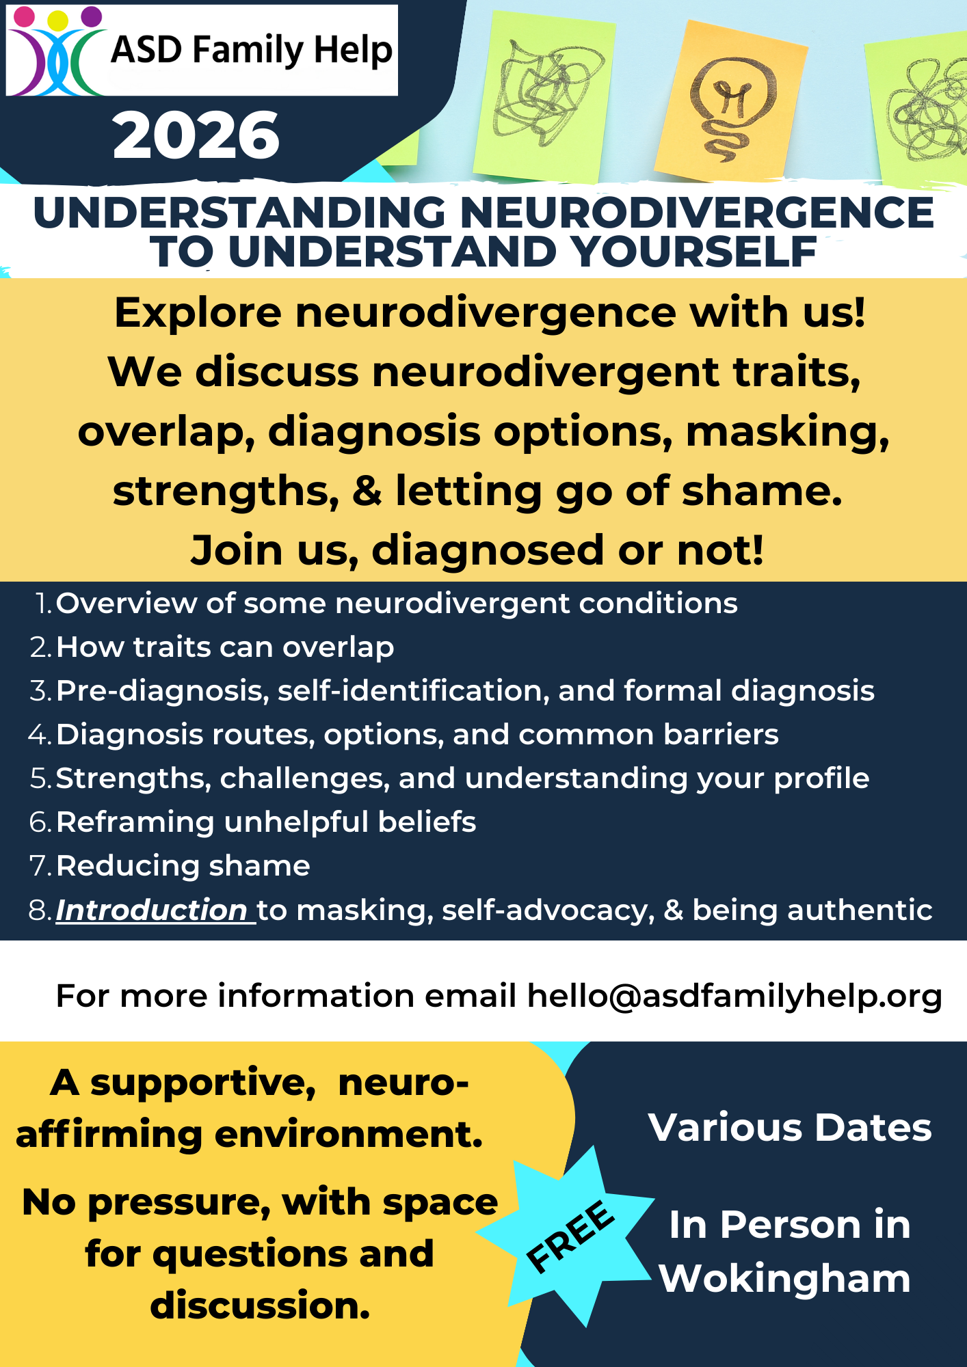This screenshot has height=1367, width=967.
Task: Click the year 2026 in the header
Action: coord(196,136)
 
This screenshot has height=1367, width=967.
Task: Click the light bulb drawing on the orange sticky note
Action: coord(731,103)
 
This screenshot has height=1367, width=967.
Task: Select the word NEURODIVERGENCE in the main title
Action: coord(696,213)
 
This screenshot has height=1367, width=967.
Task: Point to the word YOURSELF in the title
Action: coord(694,252)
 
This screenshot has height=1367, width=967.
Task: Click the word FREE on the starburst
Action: coord(570,1236)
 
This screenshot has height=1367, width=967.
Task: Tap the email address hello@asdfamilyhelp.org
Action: coord(734,996)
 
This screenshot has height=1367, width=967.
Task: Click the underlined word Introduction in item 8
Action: coord(152,910)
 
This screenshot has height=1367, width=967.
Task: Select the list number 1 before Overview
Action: coord(43,604)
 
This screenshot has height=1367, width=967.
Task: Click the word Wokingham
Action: coord(784,1279)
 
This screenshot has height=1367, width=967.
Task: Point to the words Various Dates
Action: coord(790,1127)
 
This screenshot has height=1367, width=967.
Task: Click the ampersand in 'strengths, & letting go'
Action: coord(367,491)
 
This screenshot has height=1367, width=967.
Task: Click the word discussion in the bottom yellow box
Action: coord(260,1305)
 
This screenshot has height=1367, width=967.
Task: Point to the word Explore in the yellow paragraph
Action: coord(198,313)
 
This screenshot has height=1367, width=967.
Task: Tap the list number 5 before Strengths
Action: coord(39,779)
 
